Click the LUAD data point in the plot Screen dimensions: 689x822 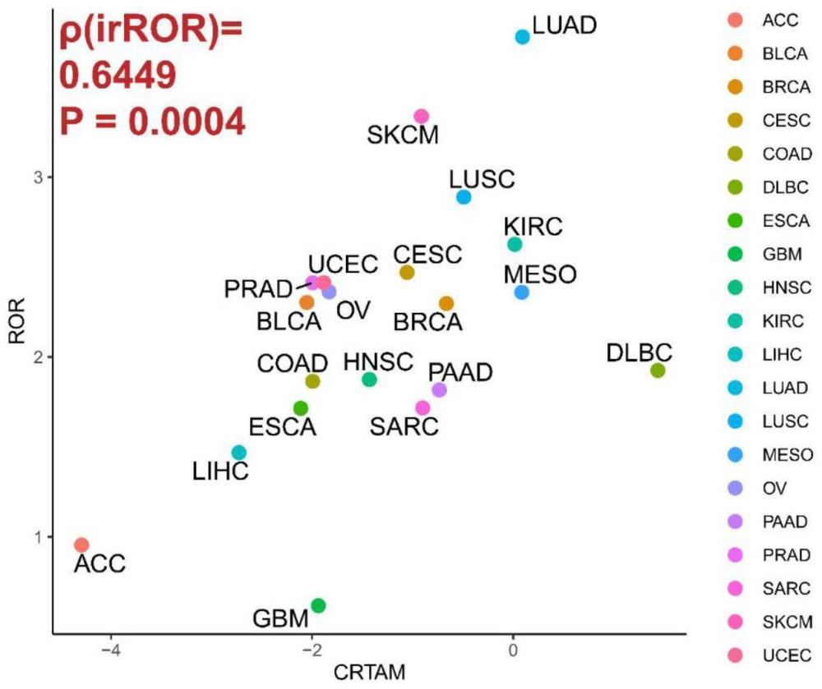tap(523, 36)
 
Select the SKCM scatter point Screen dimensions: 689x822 tap(422, 117)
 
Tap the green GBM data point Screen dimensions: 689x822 tap(319, 605)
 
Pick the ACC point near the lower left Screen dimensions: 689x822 tap(81, 544)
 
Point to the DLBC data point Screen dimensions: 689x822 tap(658, 370)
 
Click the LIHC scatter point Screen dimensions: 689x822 tap(239, 452)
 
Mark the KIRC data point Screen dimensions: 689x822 tap(515, 244)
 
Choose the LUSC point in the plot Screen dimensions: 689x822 tap(464, 197)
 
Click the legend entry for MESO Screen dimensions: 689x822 tap(776, 454)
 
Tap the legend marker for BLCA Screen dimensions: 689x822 tap(736, 53)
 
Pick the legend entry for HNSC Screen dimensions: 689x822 tap(776, 287)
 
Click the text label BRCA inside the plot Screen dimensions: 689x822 tap(428, 321)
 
